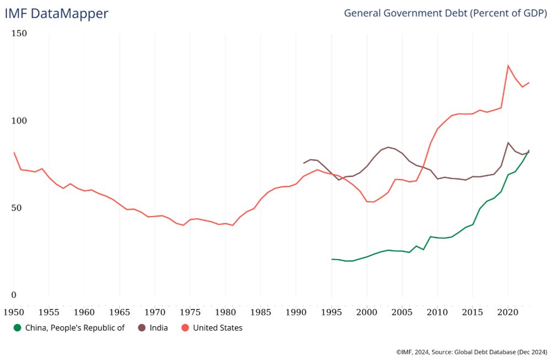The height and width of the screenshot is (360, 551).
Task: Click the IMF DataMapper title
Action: pyautogui.click(x=56, y=14)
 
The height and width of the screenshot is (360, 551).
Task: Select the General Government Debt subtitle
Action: pyautogui.click(x=445, y=13)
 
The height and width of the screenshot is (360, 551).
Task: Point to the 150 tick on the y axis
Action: pyautogui.click(x=19, y=34)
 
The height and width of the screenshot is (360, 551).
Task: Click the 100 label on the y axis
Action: pyautogui.click(x=19, y=121)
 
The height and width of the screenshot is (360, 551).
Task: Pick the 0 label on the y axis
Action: pyautogui.click(x=14, y=295)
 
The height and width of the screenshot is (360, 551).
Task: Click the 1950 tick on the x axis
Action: pyautogui.click(x=14, y=311)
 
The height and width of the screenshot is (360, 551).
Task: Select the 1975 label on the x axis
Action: pyautogui.click(x=190, y=311)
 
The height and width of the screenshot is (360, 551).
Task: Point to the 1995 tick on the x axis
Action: pyautogui.click(x=331, y=311)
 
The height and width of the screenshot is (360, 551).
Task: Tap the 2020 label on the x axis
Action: pyautogui.click(x=507, y=311)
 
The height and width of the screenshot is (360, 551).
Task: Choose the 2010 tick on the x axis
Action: pyautogui.click(x=437, y=311)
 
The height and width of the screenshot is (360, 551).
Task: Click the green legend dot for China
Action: pyautogui.click(x=18, y=327)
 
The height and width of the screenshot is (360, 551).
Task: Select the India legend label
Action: pyautogui.click(x=159, y=327)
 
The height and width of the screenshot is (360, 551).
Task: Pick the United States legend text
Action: pyautogui.click(x=218, y=327)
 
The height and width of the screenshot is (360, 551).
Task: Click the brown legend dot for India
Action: pyautogui.click(x=142, y=327)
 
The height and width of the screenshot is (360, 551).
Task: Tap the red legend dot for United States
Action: pyautogui.click(x=185, y=327)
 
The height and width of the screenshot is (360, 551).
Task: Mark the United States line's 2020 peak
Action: pyautogui.click(x=507, y=66)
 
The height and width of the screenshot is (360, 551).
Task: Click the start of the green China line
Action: pyautogui.click(x=331, y=259)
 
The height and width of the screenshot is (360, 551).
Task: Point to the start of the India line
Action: pyautogui.click(x=303, y=163)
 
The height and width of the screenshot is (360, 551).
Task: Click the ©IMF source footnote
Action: pyautogui.click(x=471, y=351)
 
